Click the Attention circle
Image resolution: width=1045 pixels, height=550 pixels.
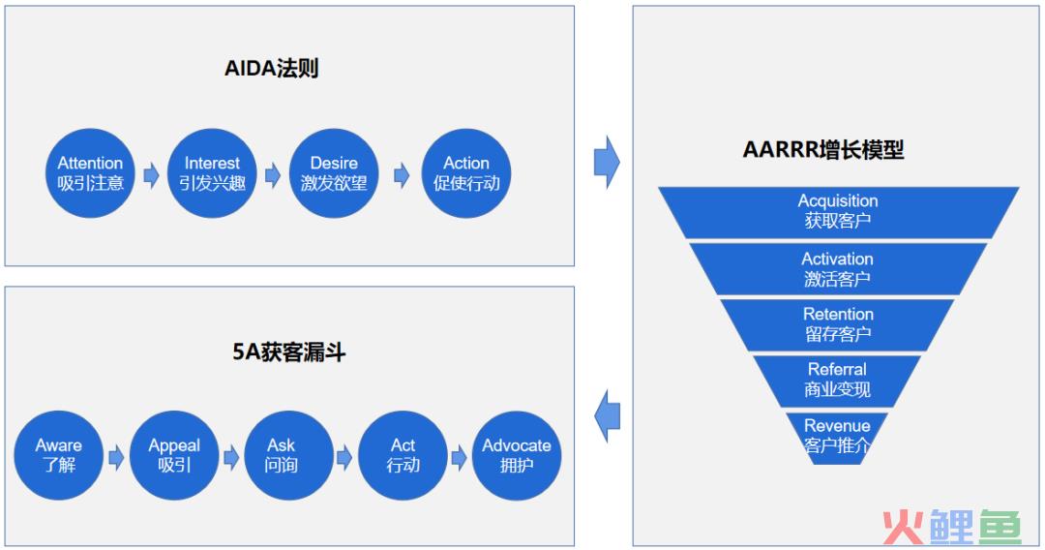[x=90, y=173]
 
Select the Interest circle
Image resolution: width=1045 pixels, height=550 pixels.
[x=212, y=173]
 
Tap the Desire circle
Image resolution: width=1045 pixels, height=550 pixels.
[x=334, y=173]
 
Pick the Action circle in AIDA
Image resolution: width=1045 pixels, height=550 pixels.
[x=466, y=173]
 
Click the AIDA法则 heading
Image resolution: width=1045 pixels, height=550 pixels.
[x=271, y=68]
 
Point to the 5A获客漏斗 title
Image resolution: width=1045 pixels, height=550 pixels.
[x=288, y=351]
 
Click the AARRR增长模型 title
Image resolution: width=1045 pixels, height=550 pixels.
[x=823, y=149]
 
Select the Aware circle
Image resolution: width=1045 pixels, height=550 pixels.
[x=59, y=455]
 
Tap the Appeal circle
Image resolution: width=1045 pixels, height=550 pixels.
[x=174, y=455]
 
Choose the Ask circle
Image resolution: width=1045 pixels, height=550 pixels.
[x=288, y=455]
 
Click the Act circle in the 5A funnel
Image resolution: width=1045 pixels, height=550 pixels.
[x=403, y=455]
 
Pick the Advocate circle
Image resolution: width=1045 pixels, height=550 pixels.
[x=517, y=455]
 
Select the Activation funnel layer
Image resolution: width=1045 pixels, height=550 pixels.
[x=838, y=268]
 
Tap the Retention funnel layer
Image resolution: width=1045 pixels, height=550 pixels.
[x=838, y=324]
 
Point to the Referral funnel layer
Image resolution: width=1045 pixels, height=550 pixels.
[x=837, y=381]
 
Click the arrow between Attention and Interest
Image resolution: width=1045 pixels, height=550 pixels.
[x=151, y=175]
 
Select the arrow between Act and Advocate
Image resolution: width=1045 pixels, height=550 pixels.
[x=459, y=458]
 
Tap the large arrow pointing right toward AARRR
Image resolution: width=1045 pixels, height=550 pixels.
[x=607, y=162]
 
